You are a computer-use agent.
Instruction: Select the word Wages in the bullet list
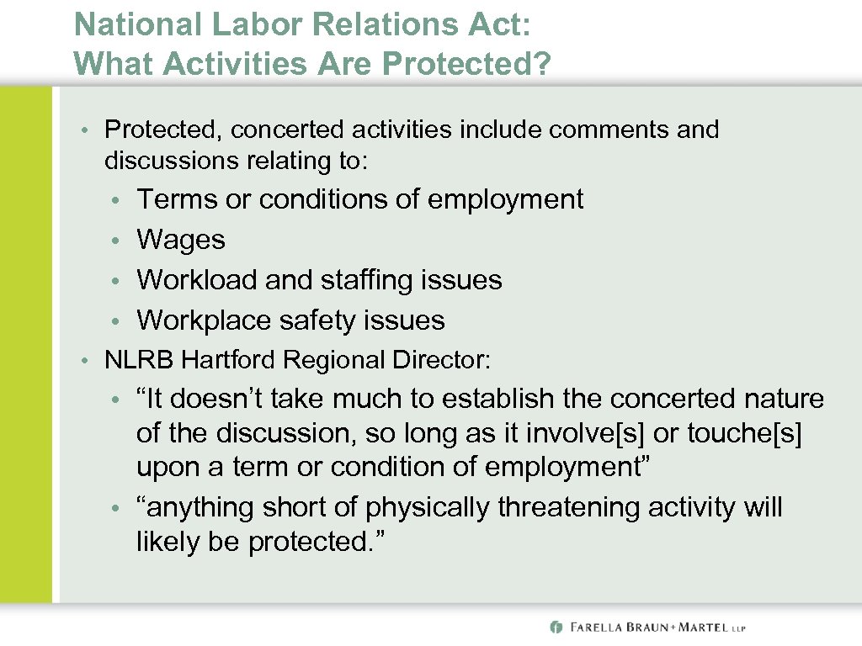point(181,240)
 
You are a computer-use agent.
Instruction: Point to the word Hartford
point(229,360)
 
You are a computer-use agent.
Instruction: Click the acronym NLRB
point(139,360)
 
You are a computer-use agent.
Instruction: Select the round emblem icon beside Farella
point(556,627)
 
